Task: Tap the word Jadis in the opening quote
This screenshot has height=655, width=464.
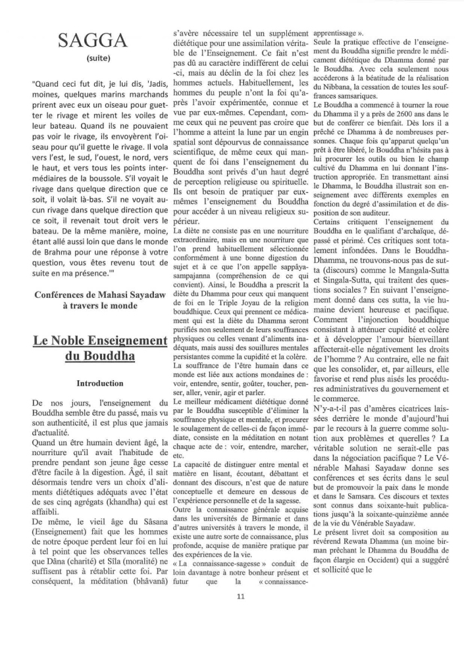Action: click(x=142, y=83)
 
